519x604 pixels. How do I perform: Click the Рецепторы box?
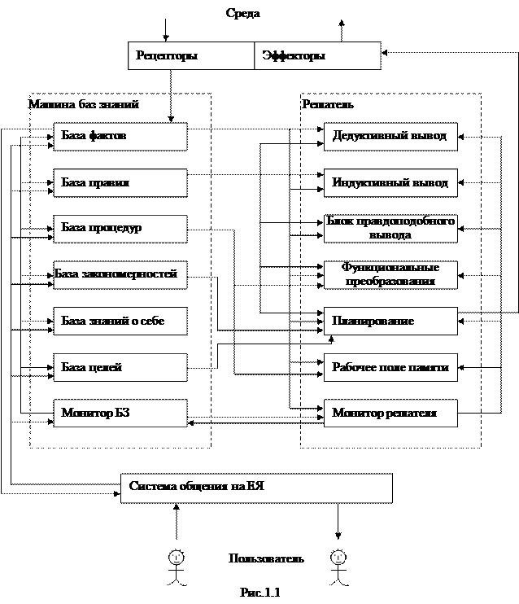click(x=191, y=56)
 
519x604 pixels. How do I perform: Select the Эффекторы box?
click(x=317, y=56)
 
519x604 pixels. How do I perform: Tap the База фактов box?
click(x=120, y=137)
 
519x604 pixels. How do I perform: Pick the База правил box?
click(x=120, y=183)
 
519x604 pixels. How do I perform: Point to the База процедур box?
click(x=120, y=229)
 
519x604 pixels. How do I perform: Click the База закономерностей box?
click(x=120, y=275)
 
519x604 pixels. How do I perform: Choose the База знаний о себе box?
click(x=120, y=322)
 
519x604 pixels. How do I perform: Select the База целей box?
click(x=120, y=368)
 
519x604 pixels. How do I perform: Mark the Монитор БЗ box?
click(x=120, y=414)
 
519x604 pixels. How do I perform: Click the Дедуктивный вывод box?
click(x=390, y=137)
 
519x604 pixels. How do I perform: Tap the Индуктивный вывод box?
click(x=390, y=183)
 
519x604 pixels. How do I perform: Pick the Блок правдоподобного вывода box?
click(x=390, y=229)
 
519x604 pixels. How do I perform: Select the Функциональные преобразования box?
click(x=390, y=275)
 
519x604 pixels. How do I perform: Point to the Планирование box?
click(x=390, y=322)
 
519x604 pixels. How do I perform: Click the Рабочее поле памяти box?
click(x=390, y=368)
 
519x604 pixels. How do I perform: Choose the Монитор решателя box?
click(x=390, y=414)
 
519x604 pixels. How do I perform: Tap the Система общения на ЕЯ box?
click(x=256, y=488)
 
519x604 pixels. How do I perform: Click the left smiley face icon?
click(x=176, y=558)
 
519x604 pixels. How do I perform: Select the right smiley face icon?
click(x=338, y=558)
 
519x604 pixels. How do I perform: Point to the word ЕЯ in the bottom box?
click(x=256, y=487)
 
